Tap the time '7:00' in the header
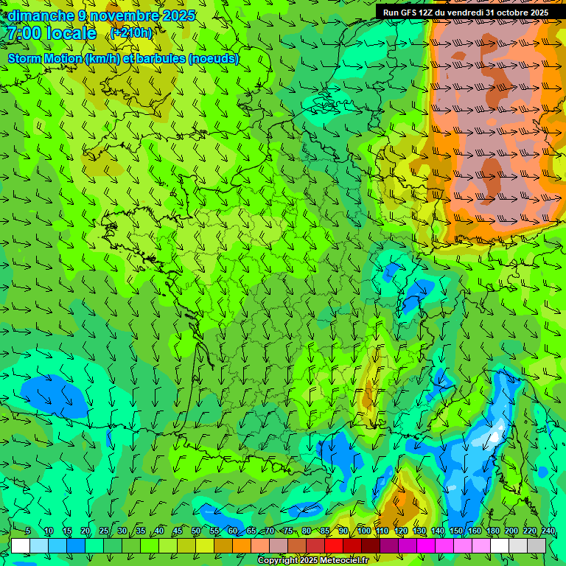23,33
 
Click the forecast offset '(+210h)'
131,32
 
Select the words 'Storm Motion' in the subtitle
45,58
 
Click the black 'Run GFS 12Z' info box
465,13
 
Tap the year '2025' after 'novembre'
178,15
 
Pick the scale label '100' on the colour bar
364,531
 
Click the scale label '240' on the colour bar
548,531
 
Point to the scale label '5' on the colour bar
28,531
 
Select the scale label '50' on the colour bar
196,531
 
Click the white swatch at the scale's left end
21,545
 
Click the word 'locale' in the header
71,33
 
